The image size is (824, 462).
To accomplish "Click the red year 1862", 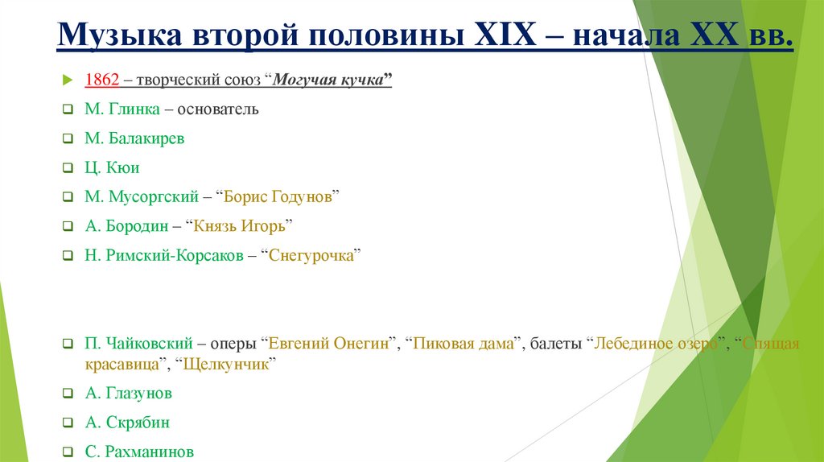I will (x=102, y=80).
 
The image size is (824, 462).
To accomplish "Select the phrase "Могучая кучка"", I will (x=329, y=80).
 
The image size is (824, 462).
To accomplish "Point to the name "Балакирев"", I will (x=146, y=138).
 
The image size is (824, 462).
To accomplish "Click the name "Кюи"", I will (x=122, y=167).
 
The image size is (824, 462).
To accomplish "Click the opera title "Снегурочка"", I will (x=310, y=255).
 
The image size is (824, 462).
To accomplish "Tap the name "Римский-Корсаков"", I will (x=171, y=255).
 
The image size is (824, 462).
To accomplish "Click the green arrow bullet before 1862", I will (x=68, y=80).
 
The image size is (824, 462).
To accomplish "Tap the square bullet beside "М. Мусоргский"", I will (x=68, y=197).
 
